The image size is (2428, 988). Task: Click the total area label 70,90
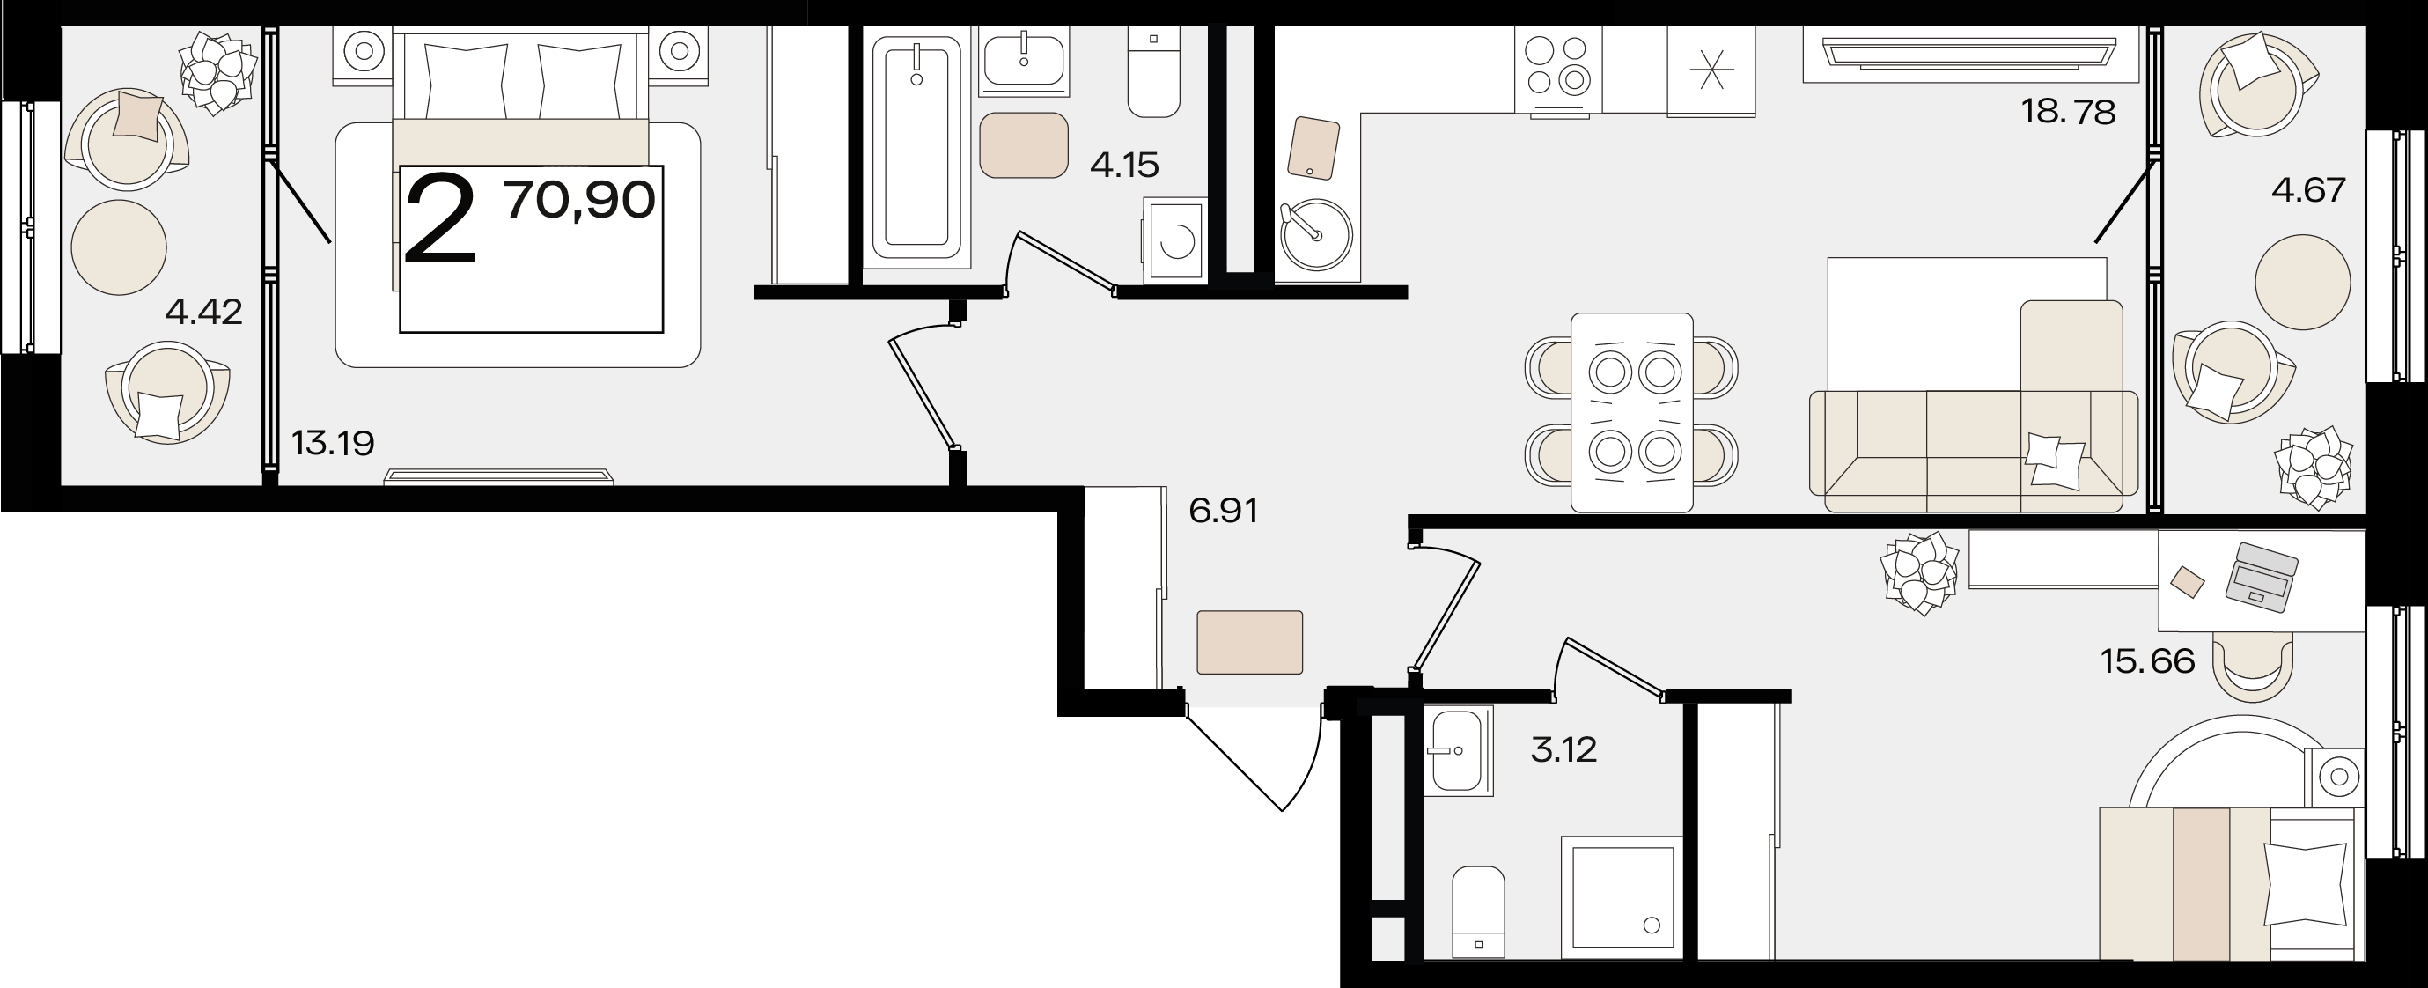579,200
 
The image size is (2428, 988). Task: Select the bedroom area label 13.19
333,442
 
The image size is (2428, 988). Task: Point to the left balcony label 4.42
203,311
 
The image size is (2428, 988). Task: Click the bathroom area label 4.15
1123,166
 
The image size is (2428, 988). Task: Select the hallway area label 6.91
1224,511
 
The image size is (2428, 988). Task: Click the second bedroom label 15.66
2148,660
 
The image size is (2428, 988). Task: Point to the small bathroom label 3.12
1563,750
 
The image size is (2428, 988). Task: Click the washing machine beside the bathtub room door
1174,239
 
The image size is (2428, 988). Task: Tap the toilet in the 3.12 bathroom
1478,911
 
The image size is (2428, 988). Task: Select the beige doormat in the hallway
1250,642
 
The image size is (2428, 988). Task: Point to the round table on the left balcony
119,247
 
